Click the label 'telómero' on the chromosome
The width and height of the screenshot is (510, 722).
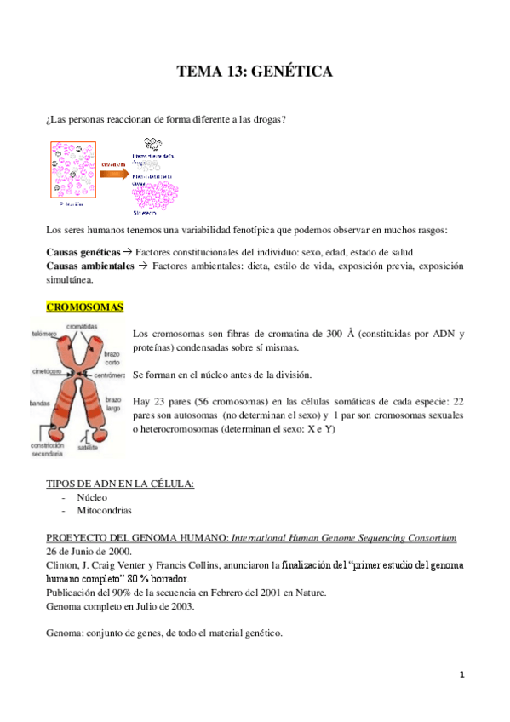tap(44, 334)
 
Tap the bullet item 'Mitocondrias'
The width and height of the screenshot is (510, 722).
tap(104, 510)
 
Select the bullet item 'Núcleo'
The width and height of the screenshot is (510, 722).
tap(92, 496)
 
